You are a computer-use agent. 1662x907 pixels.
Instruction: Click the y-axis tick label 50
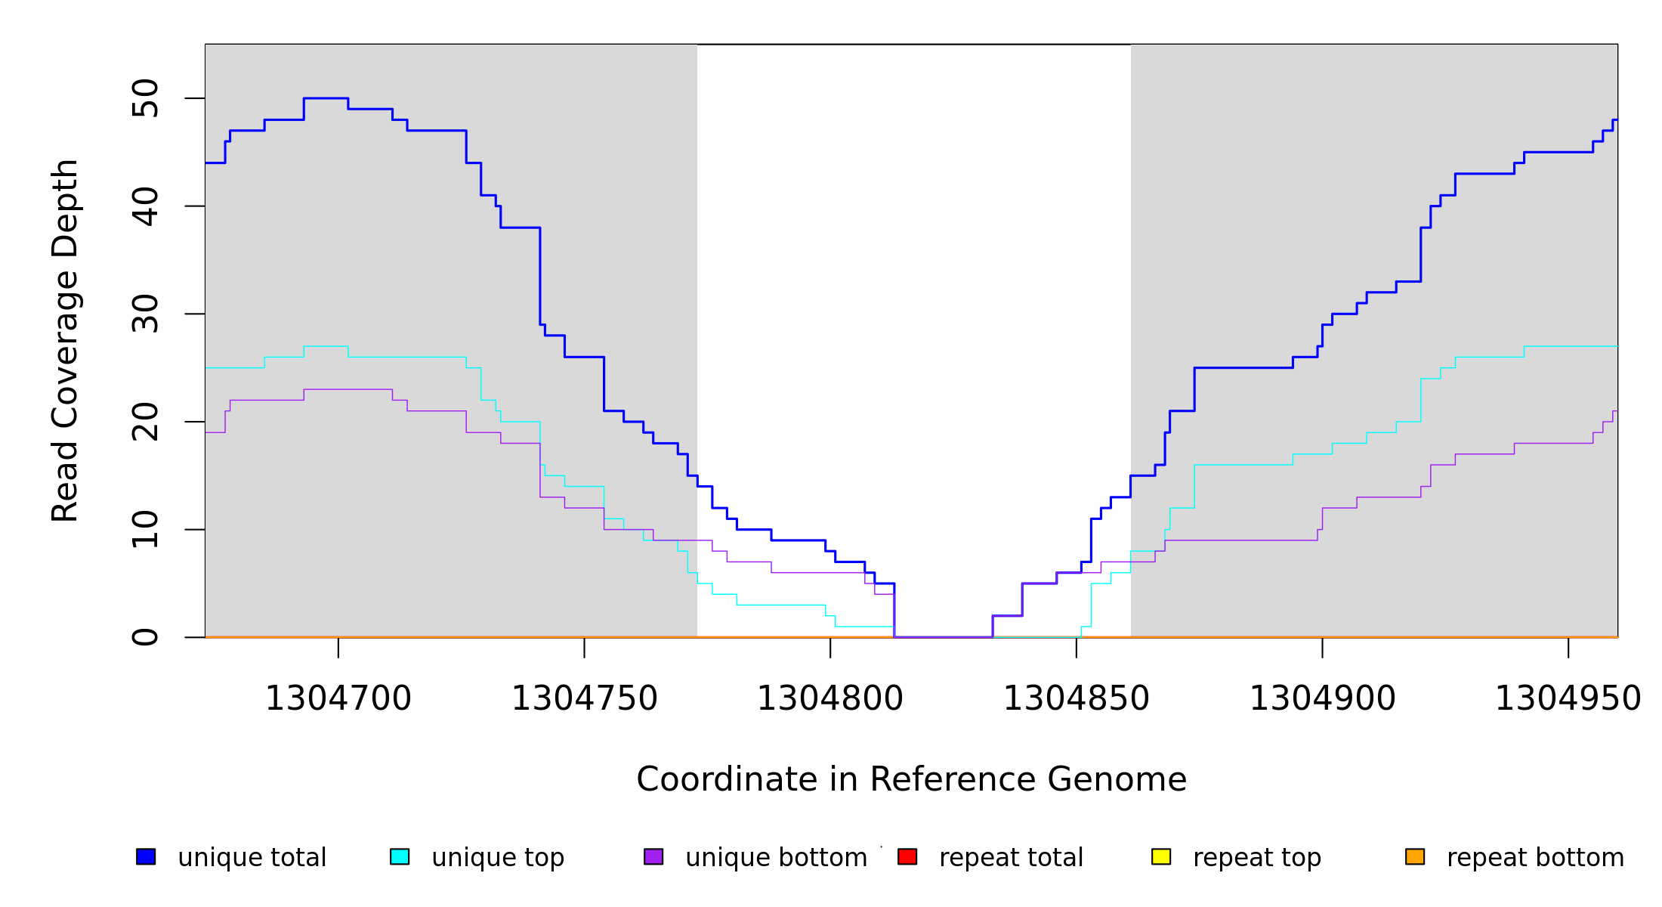click(145, 98)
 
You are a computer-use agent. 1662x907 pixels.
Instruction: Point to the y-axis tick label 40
click(145, 206)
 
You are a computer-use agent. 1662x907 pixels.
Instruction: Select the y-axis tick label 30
click(145, 314)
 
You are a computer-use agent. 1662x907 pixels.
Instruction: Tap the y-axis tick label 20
click(145, 422)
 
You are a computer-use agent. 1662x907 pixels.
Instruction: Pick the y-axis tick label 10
click(145, 529)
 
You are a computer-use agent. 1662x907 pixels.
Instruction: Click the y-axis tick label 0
click(145, 637)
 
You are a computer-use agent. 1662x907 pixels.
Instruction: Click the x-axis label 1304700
click(338, 698)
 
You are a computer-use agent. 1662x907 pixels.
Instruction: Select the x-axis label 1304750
click(585, 698)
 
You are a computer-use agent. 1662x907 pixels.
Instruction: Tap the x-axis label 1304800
click(830, 698)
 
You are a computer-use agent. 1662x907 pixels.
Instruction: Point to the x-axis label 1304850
click(1077, 698)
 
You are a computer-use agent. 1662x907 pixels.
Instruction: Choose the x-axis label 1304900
click(1323, 698)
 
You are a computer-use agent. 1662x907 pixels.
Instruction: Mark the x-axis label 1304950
click(1568, 698)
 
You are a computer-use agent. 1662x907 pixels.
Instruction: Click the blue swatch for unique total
click(146, 856)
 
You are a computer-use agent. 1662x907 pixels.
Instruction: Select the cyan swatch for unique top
click(400, 856)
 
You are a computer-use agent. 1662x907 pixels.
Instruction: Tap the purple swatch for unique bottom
click(653, 856)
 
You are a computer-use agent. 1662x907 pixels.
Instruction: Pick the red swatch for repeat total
click(907, 856)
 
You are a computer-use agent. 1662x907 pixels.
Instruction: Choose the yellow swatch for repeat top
click(1161, 856)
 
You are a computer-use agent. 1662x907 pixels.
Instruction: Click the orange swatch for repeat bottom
click(1415, 856)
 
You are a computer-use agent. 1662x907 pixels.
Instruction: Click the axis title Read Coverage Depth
click(65, 340)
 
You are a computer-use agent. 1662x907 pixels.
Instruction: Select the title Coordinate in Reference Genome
click(911, 779)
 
